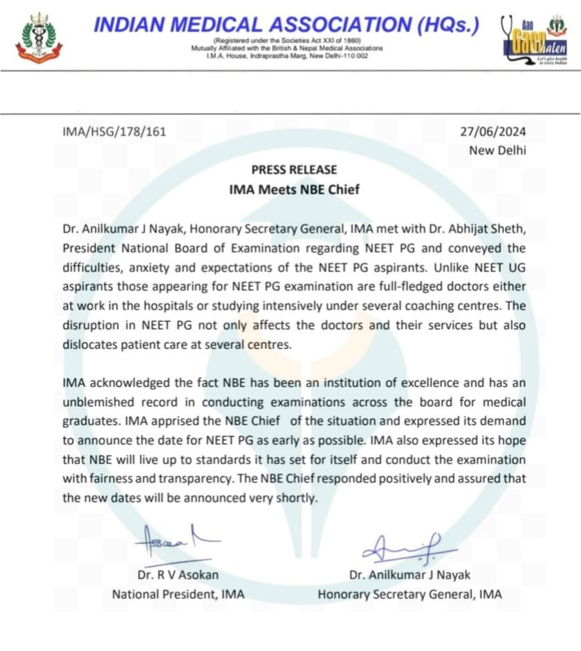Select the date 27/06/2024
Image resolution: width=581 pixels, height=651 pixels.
493,131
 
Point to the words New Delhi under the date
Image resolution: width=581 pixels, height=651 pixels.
497,150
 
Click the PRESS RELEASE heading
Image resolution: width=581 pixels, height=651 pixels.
294,170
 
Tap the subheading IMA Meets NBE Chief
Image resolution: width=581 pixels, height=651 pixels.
294,189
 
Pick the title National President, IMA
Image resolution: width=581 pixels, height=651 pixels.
178,594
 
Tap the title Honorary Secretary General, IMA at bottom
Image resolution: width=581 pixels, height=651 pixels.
409,594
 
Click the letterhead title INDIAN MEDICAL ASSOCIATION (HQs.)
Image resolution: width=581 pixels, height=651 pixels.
286,26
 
